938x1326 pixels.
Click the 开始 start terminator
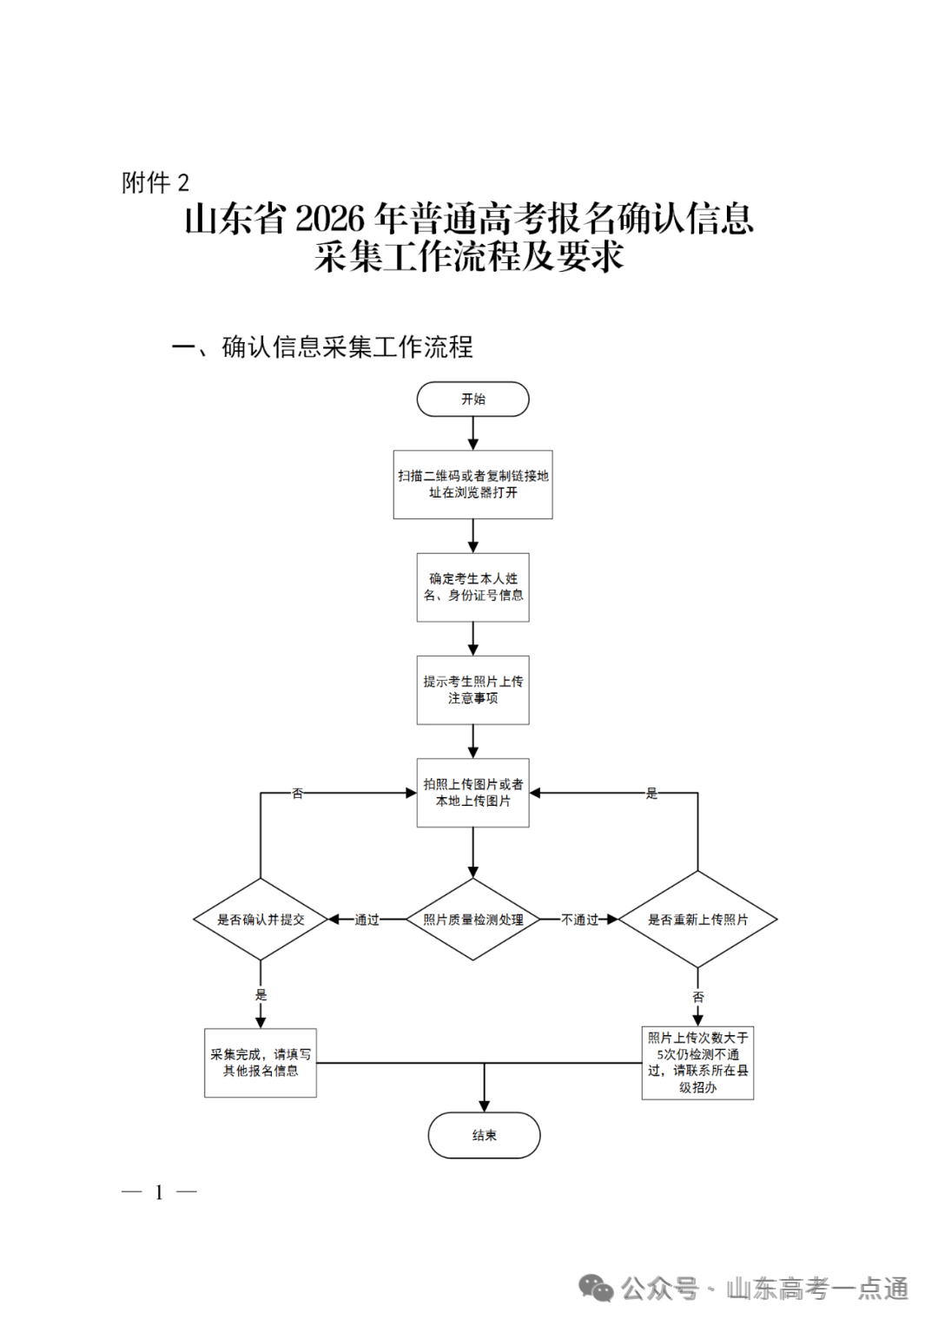[472, 399]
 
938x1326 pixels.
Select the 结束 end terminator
[484, 1135]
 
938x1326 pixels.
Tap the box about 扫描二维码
[472, 485]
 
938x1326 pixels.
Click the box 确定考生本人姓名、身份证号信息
[472, 587]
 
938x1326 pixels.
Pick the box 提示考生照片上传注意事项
[472, 689]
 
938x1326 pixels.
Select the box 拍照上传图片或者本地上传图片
[472, 792]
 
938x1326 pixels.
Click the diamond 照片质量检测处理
[472, 920]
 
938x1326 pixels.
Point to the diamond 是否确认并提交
[261, 920]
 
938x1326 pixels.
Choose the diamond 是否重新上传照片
[697, 920]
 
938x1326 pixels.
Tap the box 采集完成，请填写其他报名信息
[261, 1063]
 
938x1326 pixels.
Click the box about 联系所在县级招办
[697, 1063]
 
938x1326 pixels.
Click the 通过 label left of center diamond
[367, 920]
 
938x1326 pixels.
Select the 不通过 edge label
[579, 920]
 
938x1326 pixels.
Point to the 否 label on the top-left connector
[298, 794]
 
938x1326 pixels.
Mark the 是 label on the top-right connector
[651, 794]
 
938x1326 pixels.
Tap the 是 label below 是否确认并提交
[261, 995]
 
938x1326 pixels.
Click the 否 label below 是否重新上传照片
[697, 997]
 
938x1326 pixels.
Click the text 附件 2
[155, 183]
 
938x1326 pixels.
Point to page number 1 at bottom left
[159, 1192]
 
